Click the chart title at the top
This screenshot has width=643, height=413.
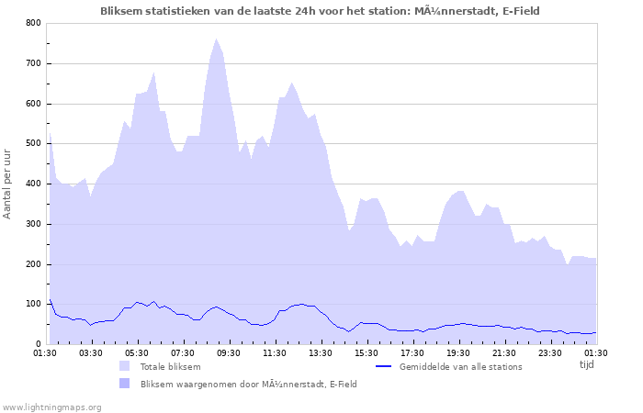coord(320,11)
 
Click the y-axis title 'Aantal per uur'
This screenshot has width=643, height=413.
coord(8,183)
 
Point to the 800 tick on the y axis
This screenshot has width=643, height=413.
coord(33,23)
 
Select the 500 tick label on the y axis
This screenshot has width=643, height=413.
coord(33,144)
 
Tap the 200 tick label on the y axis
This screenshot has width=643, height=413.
coord(33,264)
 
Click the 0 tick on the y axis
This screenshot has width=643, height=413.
coord(38,345)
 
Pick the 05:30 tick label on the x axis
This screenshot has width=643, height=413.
coord(137,352)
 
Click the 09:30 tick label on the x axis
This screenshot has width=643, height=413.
coord(229,352)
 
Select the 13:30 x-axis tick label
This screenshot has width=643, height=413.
coord(321,352)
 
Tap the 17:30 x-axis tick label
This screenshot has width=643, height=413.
coord(412,352)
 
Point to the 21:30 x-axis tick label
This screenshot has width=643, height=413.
coord(504,352)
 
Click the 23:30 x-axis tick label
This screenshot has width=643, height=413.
coord(550,352)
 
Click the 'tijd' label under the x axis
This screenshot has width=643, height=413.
coord(587,364)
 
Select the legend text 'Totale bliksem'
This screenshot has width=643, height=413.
coord(172,366)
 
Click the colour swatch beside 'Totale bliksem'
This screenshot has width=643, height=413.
coord(124,366)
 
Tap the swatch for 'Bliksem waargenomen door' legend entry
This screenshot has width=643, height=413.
coord(124,384)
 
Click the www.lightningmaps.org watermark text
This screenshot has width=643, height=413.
coord(51,407)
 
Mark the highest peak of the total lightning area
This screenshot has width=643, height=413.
coord(217,39)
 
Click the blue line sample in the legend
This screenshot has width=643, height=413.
coord(384,366)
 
